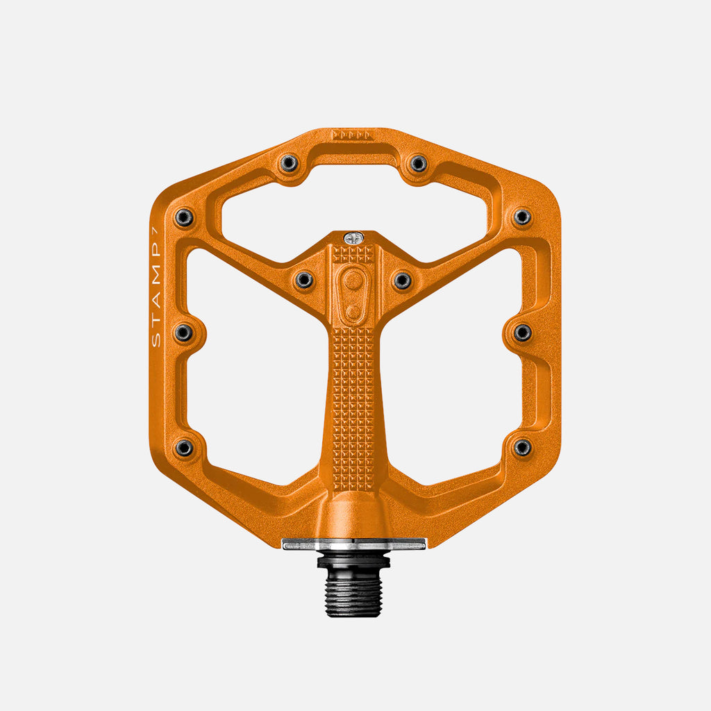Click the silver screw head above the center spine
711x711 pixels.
pyautogui.click(x=353, y=237)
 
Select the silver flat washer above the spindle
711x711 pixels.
pyautogui.click(x=353, y=544)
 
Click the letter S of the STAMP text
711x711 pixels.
pyautogui.click(x=156, y=340)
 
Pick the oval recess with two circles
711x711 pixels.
pyautogui.click(x=353, y=294)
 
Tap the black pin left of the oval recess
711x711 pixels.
pyautogui.click(x=304, y=281)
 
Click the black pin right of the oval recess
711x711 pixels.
pyautogui.click(x=402, y=281)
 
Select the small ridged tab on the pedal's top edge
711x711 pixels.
pyautogui.click(x=353, y=135)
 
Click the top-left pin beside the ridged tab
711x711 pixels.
pyautogui.click(x=289, y=163)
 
